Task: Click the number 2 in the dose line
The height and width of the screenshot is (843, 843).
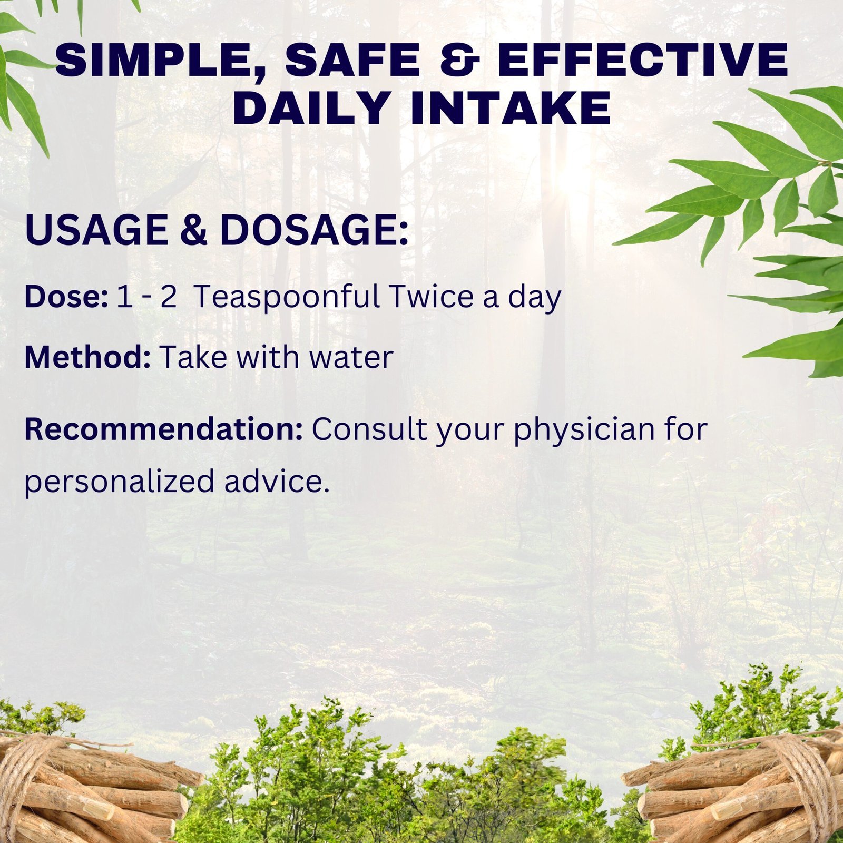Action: point(168,297)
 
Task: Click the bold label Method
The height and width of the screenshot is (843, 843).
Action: point(87,357)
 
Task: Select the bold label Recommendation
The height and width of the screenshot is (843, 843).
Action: point(163,429)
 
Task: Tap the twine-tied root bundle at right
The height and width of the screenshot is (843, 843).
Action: point(735,785)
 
